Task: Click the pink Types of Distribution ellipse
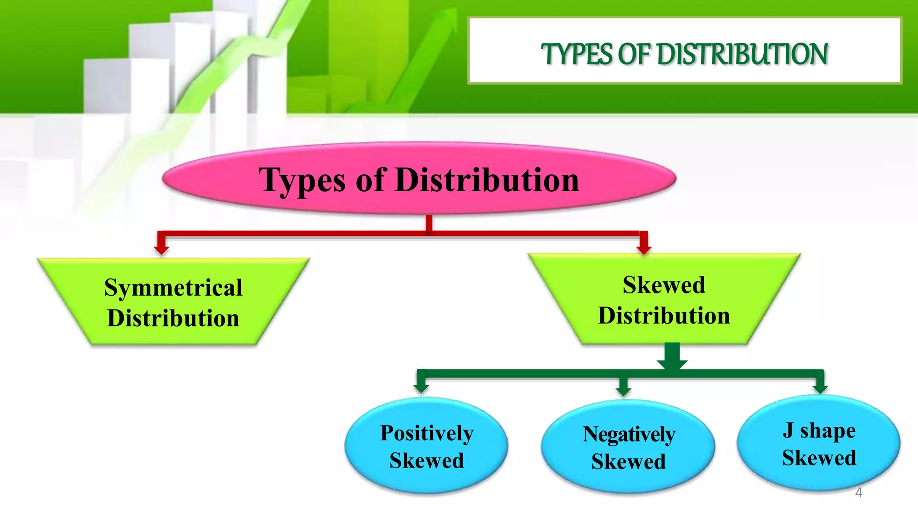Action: [x=419, y=179]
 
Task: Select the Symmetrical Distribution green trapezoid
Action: [x=173, y=302]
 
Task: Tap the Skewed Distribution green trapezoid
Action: [x=664, y=300]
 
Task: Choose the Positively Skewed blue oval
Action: [x=426, y=446]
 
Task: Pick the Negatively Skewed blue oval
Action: [x=628, y=447]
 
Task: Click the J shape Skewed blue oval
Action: [x=818, y=443]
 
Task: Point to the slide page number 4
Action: [x=858, y=493]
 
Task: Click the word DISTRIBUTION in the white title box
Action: [x=742, y=55]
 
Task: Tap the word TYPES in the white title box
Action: [x=577, y=55]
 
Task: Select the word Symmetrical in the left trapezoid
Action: [x=173, y=288]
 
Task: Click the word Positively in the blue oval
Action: [x=427, y=433]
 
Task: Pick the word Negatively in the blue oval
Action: [x=629, y=434]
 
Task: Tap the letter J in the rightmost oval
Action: [x=789, y=430]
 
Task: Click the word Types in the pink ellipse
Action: [x=302, y=181]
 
